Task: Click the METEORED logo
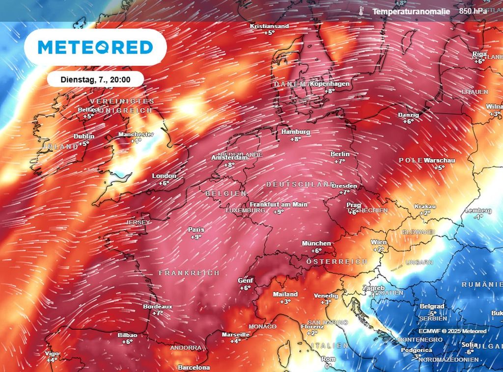coord(95,47)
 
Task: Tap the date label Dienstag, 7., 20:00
coord(95,79)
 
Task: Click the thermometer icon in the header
coord(361,11)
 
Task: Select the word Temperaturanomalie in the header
coord(411,11)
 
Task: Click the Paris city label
coord(196,229)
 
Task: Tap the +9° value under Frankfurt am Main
coord(279,212)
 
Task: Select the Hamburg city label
coord(295,132)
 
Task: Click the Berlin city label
coord(340,154)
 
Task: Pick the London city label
coord(164,176)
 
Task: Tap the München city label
coord(316,243)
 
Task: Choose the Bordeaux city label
coord(157,306)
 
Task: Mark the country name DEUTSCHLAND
coord(300,184)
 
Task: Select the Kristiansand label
coord(269,26)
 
